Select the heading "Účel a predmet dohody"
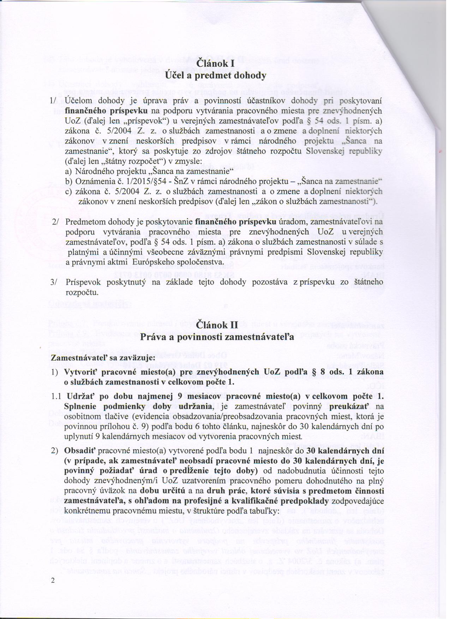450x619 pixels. coord(216,76)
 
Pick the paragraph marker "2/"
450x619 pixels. coord(55,223)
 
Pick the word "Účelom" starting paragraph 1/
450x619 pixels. coord(78,101)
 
